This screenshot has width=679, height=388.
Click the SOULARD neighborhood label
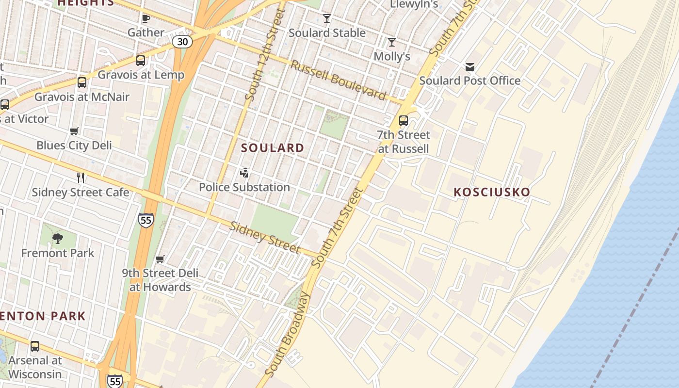coord(273,148)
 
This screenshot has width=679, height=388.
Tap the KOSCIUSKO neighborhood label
coord(492,192)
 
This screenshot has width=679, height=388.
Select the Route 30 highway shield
coord(182,42)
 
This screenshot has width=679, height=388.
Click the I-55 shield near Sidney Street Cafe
coord(145,220)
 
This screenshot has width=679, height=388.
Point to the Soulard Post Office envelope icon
coord(469,66)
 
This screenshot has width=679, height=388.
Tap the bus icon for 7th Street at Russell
coord(403,121)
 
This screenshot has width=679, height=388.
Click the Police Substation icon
coord(244,173)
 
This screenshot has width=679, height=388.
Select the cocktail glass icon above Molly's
coord(392,42)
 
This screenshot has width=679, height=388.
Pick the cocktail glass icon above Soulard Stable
coord(327,18)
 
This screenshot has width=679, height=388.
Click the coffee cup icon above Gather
coord(145,18)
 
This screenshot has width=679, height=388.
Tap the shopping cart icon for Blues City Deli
coord(74,131)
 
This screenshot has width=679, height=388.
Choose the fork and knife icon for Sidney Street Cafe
coord(81,178)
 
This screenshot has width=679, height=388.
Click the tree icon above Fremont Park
coord(58,239)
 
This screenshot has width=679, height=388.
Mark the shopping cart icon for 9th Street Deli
coord(160,259)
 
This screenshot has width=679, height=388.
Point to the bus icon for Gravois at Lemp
coord(141,61)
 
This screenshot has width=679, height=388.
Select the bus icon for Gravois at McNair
coord(82,82)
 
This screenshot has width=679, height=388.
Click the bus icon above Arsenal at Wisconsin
coord(35,346)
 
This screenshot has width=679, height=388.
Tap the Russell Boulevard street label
coord(338,80)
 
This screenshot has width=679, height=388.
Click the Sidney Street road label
coord(264,237)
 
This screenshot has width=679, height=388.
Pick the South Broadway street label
coord(289,335)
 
